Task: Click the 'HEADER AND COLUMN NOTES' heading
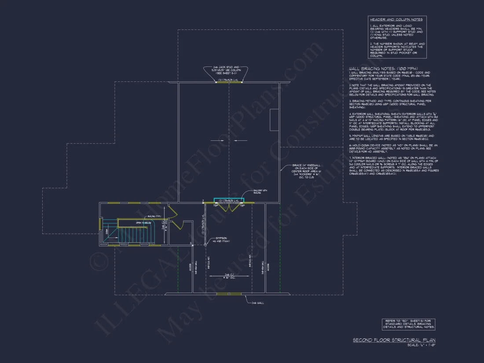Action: click(396, 19)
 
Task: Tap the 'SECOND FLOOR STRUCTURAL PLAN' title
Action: click(394, 340)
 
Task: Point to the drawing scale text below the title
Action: click(422, 345)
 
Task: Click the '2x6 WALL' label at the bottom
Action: click(257, 303)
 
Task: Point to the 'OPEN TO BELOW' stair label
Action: click(144, 223)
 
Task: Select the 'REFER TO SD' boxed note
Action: click(408, 324)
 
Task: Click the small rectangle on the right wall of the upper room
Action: click(274, 119)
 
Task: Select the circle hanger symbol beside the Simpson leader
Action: click(191, 243)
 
